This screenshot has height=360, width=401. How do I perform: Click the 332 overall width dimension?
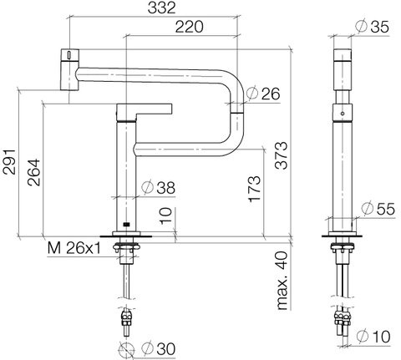pyautogui.click(x=161, y=8)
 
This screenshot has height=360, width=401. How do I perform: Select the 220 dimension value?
pyautogui.click(x=190, y=27)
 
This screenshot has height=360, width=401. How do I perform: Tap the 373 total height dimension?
pyautogui.click(x=282, y=155)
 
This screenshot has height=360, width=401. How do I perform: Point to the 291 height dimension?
pyautogui.click(x=9, y=162)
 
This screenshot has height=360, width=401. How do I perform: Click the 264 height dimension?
pyautogui.click(x=34, y=172)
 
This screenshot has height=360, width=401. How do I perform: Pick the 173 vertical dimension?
pyautogui.click(x=255, y=189)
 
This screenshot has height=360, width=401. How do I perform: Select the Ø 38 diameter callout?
pyautogui.click(x=158, y=187)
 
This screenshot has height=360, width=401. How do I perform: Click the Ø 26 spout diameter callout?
pyautogui.click(x=263, y=94)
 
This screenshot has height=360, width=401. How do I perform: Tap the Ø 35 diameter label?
pyautogui.click(x=372, y=27)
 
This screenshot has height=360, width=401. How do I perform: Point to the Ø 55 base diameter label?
pyautogui.click(x=378, y=209)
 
